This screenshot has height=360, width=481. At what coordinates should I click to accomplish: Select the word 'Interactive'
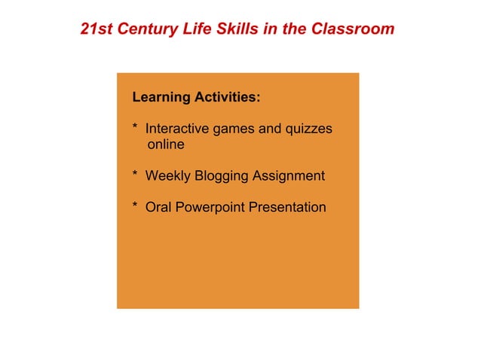pos(177,129)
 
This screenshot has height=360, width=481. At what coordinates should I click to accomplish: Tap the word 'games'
pos(234,130)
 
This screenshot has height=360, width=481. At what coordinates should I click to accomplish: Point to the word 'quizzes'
pos(307,130)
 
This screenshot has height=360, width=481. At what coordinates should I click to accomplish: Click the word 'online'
pos(165,144)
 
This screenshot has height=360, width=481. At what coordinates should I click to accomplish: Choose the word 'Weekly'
pos(167,176)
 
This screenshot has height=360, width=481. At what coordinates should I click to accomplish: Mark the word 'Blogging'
pos(222,176)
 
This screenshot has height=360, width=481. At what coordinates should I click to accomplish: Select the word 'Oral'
pos(158,207)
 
